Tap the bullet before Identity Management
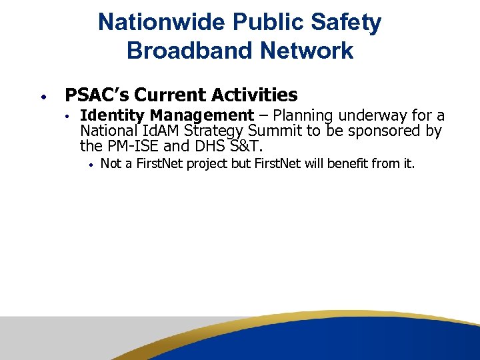pos(68,116)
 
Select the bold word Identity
pos(113,116)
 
